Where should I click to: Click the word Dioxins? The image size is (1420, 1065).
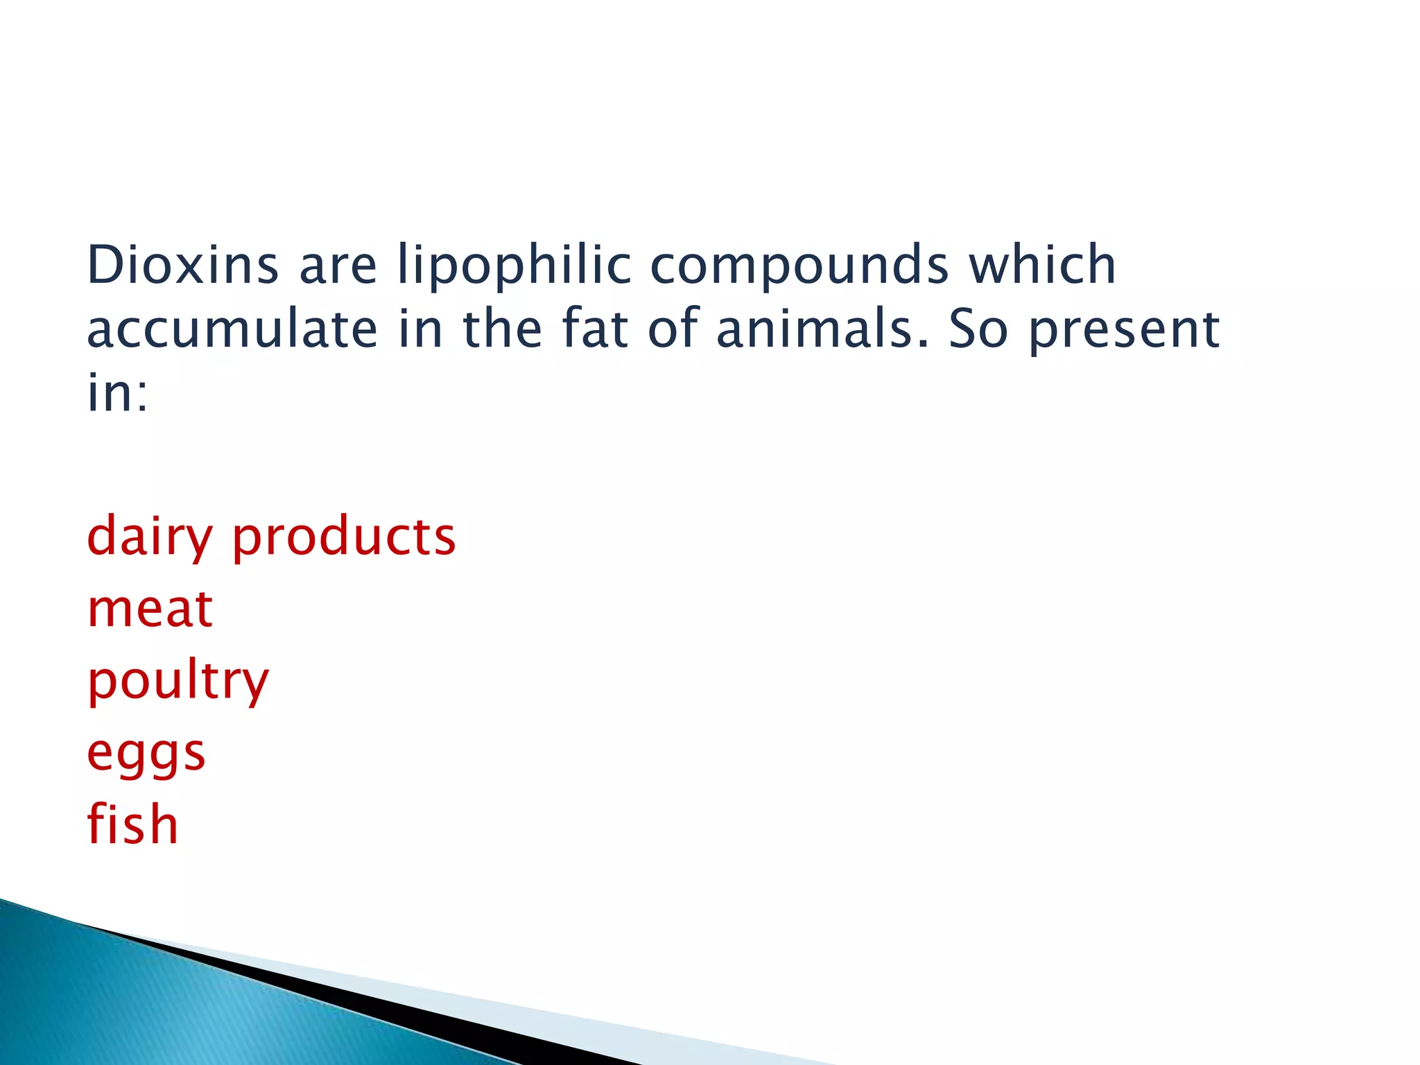pos(182,265)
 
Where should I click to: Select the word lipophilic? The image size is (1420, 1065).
pos(514,266)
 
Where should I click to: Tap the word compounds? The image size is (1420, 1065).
pos(799,266)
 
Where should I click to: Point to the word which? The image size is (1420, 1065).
pos(1042,265)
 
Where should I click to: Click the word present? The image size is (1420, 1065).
pos(1124,330)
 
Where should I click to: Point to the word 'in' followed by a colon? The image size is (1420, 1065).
pos(116,392)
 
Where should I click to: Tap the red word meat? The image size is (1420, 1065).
pos(150,609)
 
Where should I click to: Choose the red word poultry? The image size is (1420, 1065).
pos(177,682)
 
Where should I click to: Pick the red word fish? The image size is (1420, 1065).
pos(132,824)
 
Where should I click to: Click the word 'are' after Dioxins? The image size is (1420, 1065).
pos(338,266)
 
